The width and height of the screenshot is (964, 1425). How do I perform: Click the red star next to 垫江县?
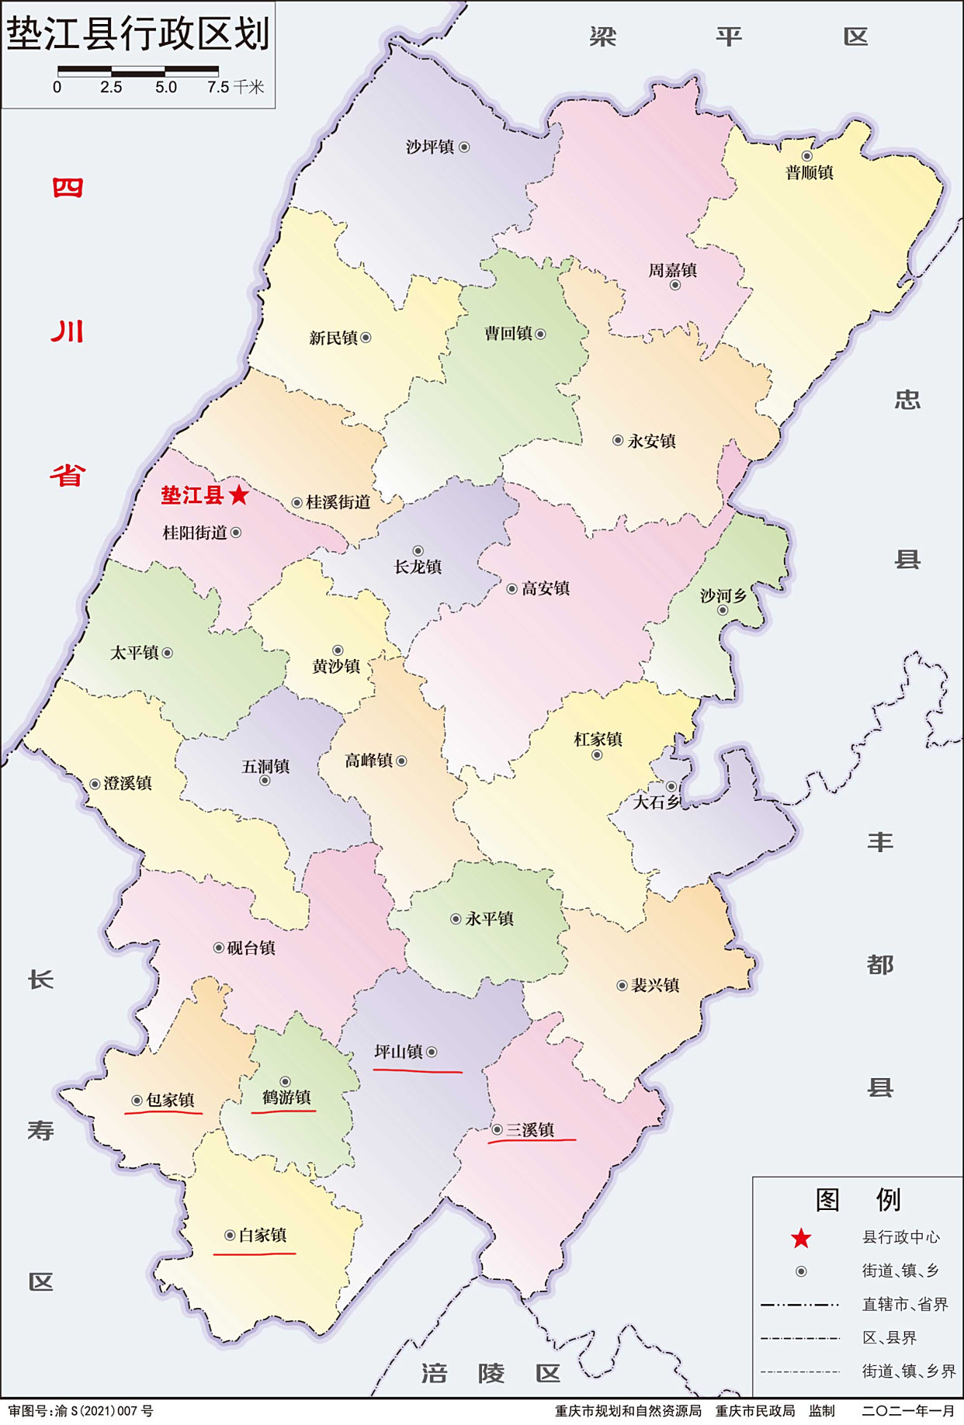click(x=239, y=494)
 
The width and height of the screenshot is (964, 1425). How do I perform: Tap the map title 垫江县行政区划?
click(x=138, y=34)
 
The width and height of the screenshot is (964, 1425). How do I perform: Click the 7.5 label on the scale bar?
click(x=218, y=87)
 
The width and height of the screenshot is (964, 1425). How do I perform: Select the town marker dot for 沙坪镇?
click(x=464, y=147)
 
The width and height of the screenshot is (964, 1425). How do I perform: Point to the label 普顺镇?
click(x=809, y=172)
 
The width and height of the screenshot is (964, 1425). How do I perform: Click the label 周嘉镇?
click(x=672, y=270)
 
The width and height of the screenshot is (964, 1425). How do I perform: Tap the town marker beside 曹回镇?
click(x=540, y=335)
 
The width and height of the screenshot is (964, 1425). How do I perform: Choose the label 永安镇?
click(x=652, y=441)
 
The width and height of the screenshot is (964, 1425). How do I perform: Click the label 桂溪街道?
click(x=338, y=502)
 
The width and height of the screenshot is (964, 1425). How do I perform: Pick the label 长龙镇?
click(x=418, y=567)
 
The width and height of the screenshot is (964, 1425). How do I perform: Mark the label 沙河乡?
click(x=723, y=595)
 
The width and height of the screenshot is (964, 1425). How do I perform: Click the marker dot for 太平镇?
click(x=167, y=653)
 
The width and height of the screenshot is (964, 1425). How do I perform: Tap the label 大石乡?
click(x=656, y=802)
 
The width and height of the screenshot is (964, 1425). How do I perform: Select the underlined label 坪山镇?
click(x=398, y=1052)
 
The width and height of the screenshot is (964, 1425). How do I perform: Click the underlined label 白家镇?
click(x=262, y=1235)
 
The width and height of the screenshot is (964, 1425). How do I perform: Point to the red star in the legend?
click(x=801, y=1239)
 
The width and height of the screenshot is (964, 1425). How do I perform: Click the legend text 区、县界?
click(x=889, y=1337)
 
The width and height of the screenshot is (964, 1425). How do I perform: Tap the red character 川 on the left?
click(x=68, y=331)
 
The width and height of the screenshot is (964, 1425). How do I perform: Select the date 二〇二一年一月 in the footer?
click(x=907, y=1410)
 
